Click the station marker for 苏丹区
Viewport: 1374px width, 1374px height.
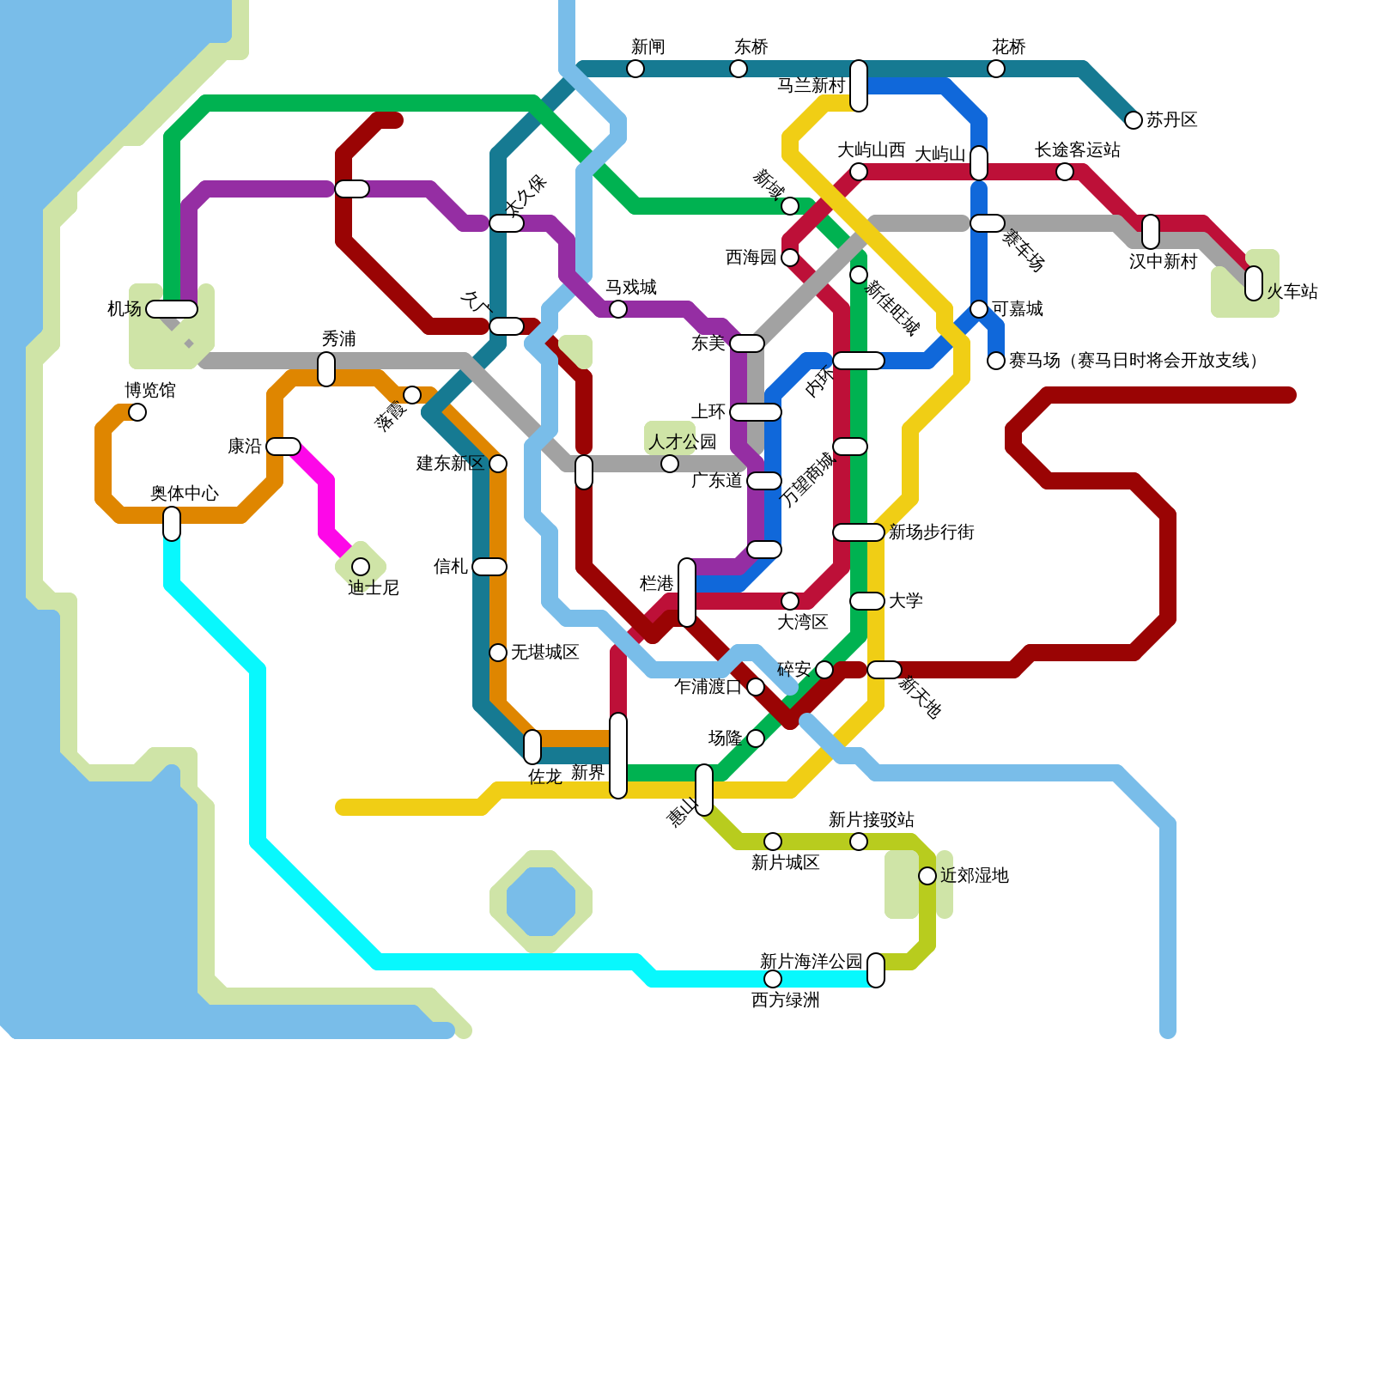click(1134, 120)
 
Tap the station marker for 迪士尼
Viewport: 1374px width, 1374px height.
click(361, 567)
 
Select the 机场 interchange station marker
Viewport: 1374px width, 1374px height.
click(172, 309)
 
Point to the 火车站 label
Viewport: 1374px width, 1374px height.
click(1292, 292)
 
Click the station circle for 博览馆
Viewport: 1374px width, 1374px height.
click(137, 412)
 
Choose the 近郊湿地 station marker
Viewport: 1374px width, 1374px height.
click(927, 876)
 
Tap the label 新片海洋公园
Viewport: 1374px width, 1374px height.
click(811, 961)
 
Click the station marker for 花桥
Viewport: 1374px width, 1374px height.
click(996, 69)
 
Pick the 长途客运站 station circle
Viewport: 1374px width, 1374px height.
click(1065, 172)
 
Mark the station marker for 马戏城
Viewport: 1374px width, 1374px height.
click(618, 309)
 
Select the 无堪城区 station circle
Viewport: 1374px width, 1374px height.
click(498, 653)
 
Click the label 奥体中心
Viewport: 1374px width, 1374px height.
click(185, 493)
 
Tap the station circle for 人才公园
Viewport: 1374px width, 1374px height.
click(670, 464)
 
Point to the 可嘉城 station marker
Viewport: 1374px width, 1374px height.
click(979, 309)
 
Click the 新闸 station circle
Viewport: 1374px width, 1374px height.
click(635, 69)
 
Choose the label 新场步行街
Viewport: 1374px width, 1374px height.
click(932, 532)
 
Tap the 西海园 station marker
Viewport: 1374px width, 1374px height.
click(790, 258)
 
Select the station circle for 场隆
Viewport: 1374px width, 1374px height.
click(756, 739)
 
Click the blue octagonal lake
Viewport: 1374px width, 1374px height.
click(541, 902)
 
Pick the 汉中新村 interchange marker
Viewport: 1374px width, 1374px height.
click(1151, 232)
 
